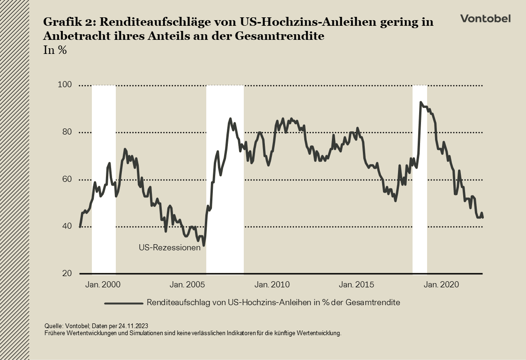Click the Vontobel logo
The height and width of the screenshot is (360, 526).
pos(485,18)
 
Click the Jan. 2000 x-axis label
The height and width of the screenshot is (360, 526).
pos(101,285)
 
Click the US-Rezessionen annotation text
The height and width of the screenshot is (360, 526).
pos(170,248)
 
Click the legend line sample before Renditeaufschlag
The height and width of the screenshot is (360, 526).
pos(123,303)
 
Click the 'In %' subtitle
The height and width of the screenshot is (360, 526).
pos(54,51)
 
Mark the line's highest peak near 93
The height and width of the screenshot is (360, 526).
pos(421,102)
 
